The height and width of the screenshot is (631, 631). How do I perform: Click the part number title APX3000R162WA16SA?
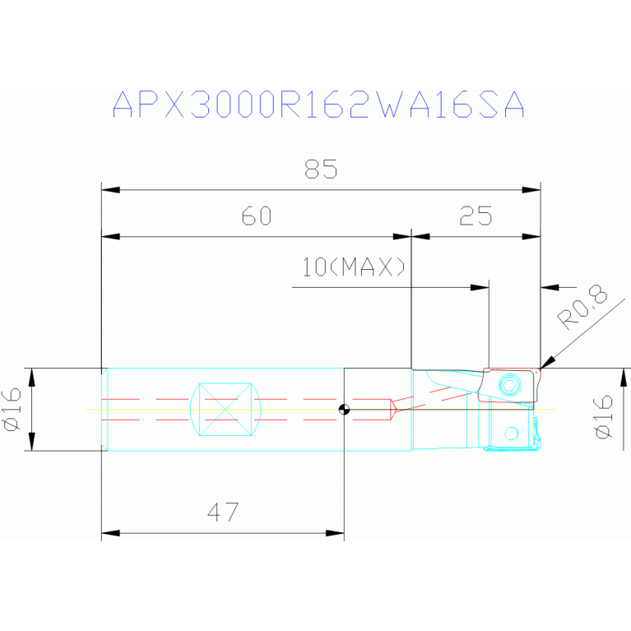(318, 105)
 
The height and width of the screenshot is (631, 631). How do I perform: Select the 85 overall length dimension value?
(321, 169)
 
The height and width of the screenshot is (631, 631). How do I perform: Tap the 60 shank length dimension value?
(256, 216)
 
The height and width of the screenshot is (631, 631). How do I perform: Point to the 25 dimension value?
(476, 216)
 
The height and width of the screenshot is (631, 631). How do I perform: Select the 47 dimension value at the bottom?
(223, 513)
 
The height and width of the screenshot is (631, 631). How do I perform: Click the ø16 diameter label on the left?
(12, 409)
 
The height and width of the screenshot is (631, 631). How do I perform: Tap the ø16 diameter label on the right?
(603, 417)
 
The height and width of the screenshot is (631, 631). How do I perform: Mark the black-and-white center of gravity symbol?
(344, 410)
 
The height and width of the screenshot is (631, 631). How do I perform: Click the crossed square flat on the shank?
(225, 409)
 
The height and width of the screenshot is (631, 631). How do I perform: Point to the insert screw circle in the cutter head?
(510, 385)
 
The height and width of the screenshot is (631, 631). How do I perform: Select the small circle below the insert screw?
(512, 433)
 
